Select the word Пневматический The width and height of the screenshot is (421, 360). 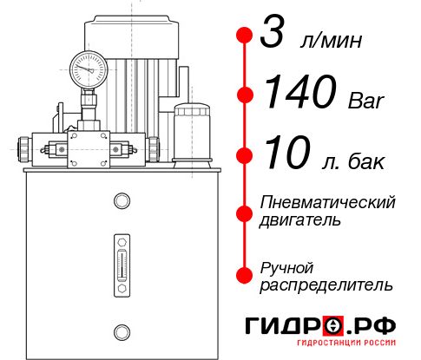point(328,203)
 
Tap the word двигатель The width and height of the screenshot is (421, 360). point(300,220)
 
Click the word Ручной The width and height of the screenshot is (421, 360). point(286,266)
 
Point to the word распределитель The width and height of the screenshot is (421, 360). point(326,284)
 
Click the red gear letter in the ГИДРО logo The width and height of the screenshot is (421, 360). point(333,325)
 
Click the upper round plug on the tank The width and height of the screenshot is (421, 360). point(121,201)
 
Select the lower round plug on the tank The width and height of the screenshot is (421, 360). point(121,331)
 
